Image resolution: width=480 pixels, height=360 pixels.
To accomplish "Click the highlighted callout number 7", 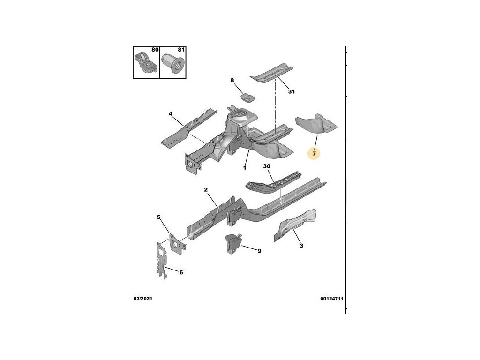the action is (315, 153).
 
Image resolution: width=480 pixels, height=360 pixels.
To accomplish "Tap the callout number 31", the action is (291, 91).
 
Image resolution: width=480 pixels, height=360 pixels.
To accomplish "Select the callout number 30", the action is (267, 166).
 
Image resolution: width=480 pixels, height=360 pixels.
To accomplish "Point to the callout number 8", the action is (232, 81).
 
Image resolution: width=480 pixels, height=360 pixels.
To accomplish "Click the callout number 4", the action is (171, 113).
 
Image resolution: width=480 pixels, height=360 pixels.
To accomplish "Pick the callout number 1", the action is (244, 167).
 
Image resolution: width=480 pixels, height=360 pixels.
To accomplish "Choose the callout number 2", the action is (205, 189).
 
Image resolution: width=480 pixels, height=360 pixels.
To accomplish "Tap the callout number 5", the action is (158, 217).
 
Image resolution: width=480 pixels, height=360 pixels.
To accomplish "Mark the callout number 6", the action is (181, 272).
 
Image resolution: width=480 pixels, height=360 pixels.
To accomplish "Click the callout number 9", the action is (259, 251).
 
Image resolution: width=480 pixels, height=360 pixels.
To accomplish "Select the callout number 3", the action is (301, 245).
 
